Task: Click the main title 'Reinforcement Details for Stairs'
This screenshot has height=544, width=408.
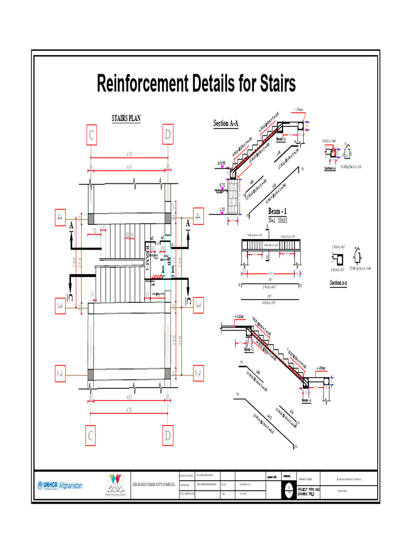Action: pos(196,84)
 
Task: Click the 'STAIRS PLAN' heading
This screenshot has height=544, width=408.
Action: pos(126,118)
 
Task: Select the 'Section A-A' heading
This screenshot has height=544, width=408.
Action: pos(226,124)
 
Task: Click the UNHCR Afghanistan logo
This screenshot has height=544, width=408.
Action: pos(60,485)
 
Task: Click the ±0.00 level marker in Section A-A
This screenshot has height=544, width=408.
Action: pos(222,163)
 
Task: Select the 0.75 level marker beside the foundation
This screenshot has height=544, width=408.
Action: pos(222,186)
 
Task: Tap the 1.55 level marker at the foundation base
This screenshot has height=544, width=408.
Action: pos(222,209)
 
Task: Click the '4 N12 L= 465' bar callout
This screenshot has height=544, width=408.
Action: pos(333,141)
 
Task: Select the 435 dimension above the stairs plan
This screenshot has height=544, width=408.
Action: pos(129,167)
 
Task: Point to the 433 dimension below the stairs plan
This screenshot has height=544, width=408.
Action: pos(129,397)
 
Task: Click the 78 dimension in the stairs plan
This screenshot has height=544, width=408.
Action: pos(94,231)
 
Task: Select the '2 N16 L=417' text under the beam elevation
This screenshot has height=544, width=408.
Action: pos(269,287)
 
